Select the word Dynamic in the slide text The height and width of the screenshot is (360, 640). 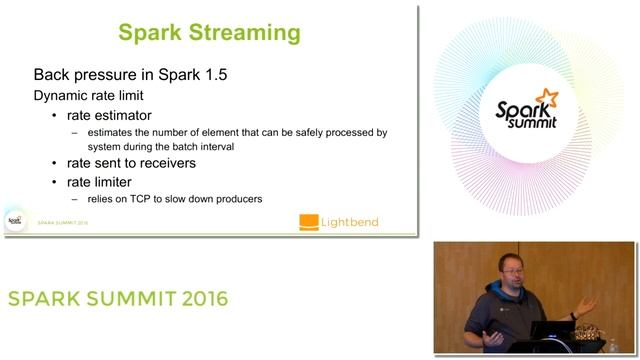[62, 96]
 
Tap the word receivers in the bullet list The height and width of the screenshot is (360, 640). [165, 162]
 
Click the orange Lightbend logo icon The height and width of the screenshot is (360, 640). [309, 222]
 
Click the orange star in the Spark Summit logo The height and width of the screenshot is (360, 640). [546, 97]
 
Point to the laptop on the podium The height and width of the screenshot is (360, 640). [552, 330]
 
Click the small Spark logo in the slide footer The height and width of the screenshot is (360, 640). [15, 221]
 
